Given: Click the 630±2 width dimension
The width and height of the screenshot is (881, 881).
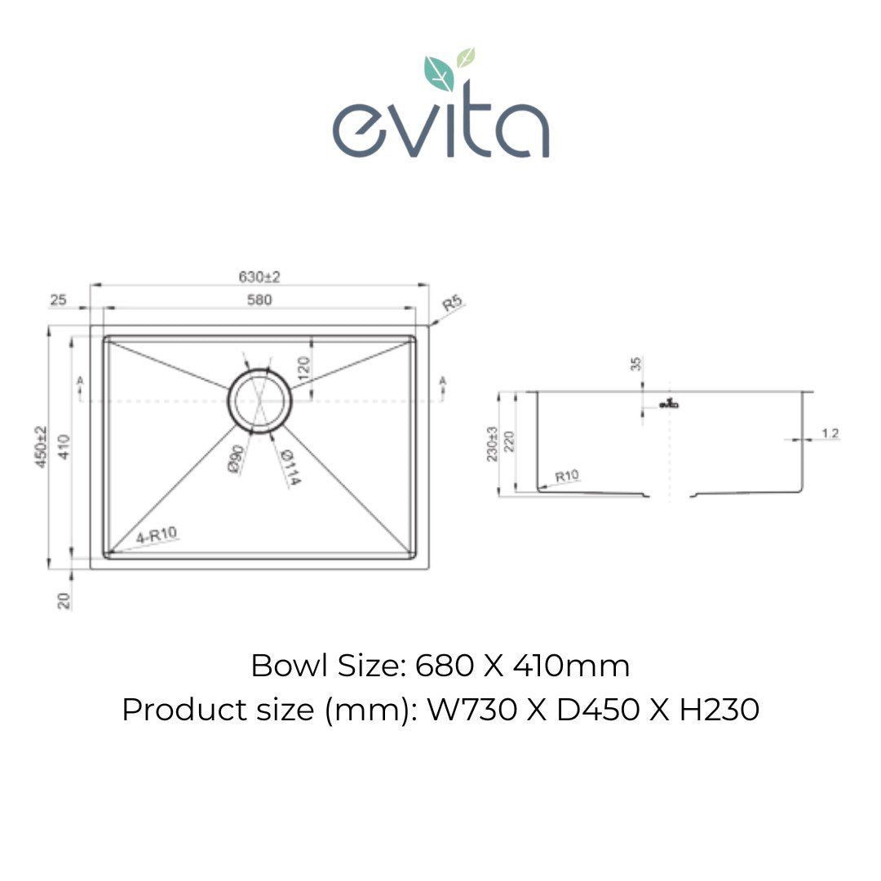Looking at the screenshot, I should (259, 277).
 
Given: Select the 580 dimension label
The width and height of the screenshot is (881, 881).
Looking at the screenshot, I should (259, 299).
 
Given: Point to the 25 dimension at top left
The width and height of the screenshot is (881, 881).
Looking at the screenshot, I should (58, 299).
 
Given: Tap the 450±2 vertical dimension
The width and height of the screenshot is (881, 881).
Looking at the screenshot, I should (42, 447).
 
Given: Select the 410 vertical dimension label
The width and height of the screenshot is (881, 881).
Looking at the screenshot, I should (64, 447).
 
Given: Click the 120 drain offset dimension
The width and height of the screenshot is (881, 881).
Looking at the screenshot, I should (303, 368).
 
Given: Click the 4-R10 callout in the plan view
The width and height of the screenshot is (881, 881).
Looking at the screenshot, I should (157, 535).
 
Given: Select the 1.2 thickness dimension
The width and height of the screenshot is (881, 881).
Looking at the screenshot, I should (830, 433).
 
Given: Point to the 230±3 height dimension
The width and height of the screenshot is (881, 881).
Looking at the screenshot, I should (492, 445).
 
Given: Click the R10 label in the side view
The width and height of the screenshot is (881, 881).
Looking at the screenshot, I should (566, 476).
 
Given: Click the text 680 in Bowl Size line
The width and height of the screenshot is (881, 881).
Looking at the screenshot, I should (445, 666).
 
